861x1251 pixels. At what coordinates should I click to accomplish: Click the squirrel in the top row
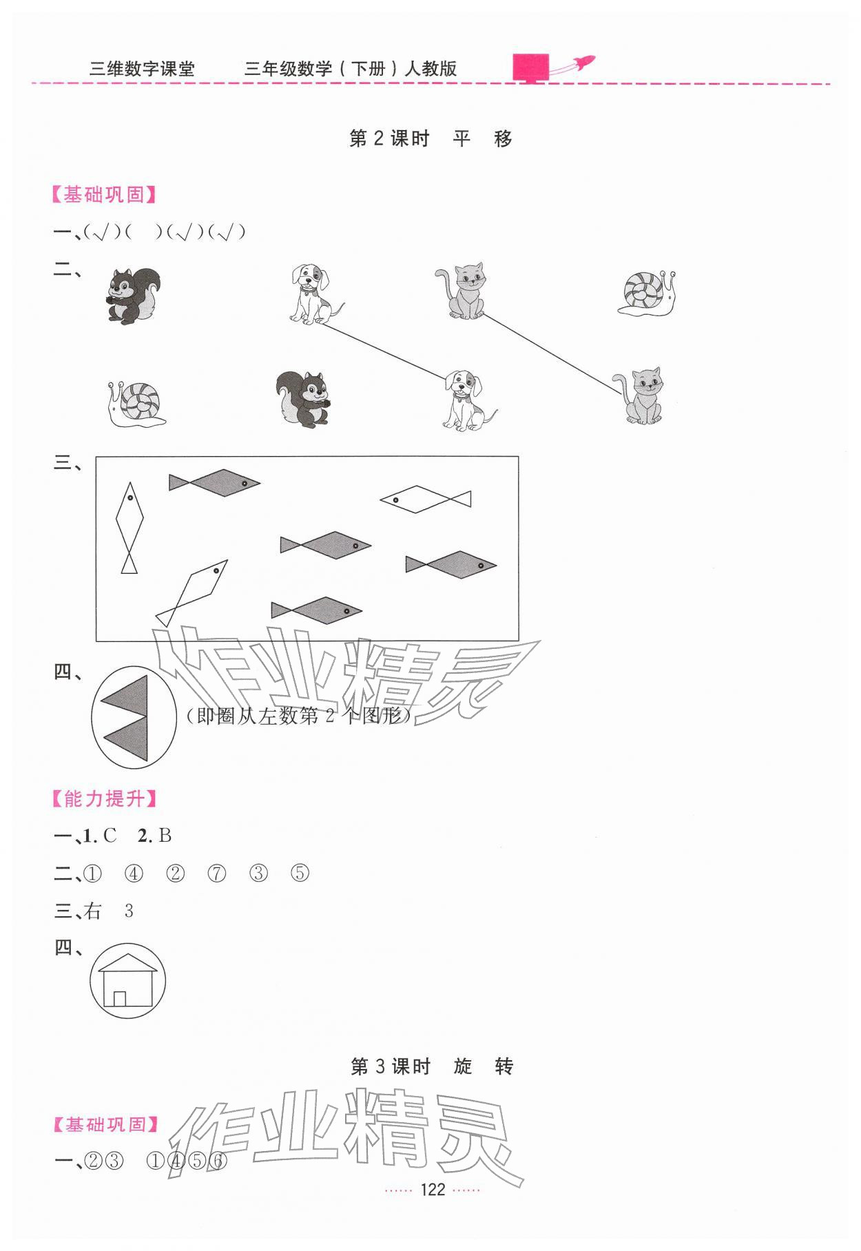click(x=134, y=295)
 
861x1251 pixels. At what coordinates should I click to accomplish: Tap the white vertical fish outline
click(x=129, y=527)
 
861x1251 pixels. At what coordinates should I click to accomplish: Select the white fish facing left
click(x=425, y=499)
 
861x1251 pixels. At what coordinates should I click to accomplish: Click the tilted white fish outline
click(x=192, y=592)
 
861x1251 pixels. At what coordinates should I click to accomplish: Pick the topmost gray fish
click(x=214, y=482)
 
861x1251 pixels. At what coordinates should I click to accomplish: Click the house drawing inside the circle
click(x=127, y=981)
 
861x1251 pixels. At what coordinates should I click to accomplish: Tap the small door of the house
click(x=120, y=998)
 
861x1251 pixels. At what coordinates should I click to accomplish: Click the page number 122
click(x=433, y=1190)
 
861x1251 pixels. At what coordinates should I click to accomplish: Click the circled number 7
click(x=217, y=874)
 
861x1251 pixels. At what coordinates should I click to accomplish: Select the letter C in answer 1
click(x=110, y=836)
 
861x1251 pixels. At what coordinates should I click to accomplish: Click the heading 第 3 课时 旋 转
click(x=432, y=1067)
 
